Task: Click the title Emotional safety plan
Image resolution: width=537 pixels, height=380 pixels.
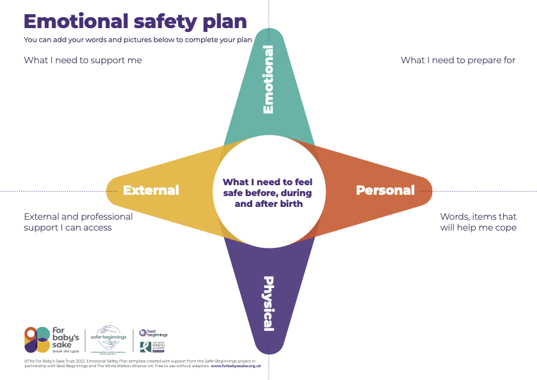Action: pyautogui.click(x=135, y=21)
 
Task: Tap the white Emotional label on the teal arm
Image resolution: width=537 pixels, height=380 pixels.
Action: pyautogui.click(x=268, y=79)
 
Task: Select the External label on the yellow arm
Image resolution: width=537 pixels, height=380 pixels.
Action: pyautogui.click(x=151, y=190)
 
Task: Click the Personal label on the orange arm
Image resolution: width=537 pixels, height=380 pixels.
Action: pyautogui.click(x=385, y=190)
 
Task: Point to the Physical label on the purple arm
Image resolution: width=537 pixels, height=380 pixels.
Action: pyautogui.click(x=268, y=303)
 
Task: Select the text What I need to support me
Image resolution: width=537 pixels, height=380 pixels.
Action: pyautogui.click(x=82, y=60)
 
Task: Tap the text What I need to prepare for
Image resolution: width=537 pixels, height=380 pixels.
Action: pyautogui.click(x=458, y=60)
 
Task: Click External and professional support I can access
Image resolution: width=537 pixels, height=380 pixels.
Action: pyautogui.click(x=78, y=222)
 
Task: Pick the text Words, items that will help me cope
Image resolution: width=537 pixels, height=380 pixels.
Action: pyautogui.click(x=478, y=222)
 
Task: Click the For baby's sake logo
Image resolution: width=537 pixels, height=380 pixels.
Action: pyautogui.click(x=49, y=339)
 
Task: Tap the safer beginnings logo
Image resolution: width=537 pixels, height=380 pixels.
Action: pyautogui.click(x=109, y=338)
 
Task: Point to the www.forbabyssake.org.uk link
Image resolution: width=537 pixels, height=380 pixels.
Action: pyautogui.click(x=236, y=366)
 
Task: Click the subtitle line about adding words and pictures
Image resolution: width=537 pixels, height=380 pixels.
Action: pyautogui.click(x=137, y=40)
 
